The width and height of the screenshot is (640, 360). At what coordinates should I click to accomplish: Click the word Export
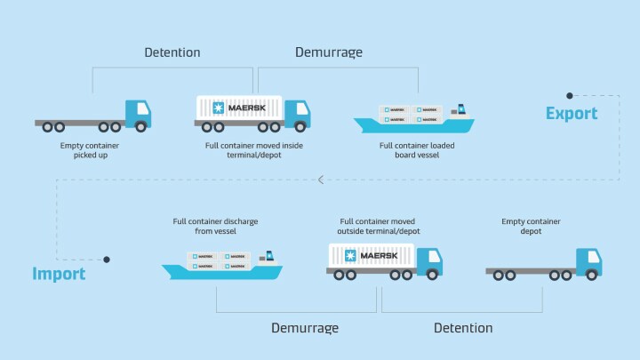572,114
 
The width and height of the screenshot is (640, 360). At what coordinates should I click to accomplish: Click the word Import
60,274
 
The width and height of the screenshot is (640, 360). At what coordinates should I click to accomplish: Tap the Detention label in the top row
172,52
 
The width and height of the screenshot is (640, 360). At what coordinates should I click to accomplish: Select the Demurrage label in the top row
329,52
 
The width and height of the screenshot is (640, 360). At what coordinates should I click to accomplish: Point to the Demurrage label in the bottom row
305,328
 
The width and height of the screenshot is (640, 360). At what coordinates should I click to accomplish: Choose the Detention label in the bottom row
462,328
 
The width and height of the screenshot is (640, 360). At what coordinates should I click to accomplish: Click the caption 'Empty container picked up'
90,150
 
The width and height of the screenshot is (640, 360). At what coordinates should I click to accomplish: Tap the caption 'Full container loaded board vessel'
410,150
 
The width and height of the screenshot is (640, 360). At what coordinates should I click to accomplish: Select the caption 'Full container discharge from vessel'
216,227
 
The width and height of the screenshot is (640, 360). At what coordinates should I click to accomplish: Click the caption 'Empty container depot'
532,227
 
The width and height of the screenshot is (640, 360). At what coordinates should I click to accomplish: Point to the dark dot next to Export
570,95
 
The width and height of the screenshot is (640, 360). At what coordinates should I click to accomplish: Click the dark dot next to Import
107,260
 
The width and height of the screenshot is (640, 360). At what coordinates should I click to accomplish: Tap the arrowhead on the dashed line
321,180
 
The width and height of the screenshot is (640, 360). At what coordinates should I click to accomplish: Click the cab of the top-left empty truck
138,113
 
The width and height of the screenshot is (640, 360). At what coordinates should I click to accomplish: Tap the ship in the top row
413,119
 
